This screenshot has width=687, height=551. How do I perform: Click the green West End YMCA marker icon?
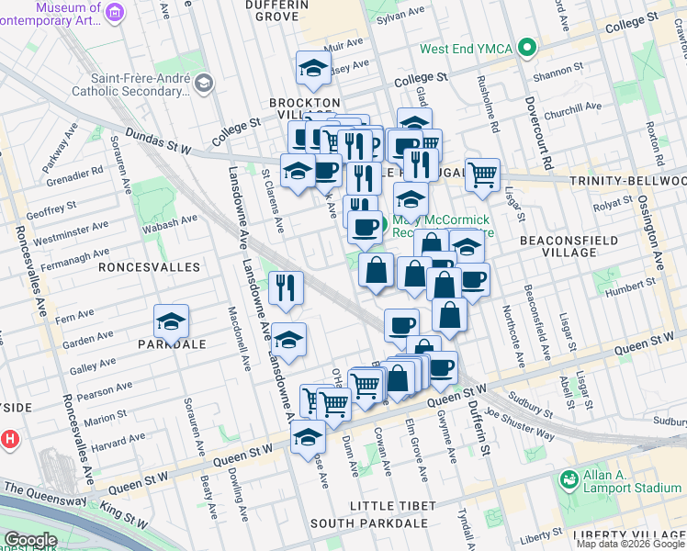(x=526, y=48)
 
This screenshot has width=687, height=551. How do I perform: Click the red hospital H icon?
(x=9, y=439)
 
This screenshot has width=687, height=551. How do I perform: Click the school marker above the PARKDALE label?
(x=171, y=322)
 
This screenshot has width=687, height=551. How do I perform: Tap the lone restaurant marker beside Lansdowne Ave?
(x=286, y=287)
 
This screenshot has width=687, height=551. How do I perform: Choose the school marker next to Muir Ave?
(x=313, y=68)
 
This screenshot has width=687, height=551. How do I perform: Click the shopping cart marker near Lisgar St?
(x=482, y=173)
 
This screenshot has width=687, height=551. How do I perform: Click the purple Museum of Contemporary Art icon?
(x=115, y=12)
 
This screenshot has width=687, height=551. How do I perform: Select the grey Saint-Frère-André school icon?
(x=203, y=84)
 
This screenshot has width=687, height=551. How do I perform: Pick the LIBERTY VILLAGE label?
(x=635, y=535)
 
